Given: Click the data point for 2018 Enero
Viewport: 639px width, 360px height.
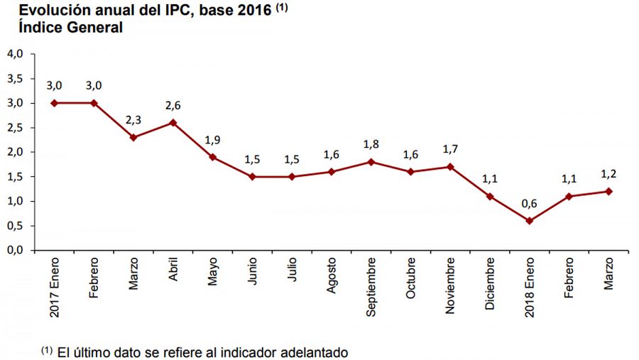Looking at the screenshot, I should coord(530,221).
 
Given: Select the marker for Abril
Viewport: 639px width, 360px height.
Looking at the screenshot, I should coord(173,122).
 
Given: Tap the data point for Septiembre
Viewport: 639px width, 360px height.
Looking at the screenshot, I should coord(371,162).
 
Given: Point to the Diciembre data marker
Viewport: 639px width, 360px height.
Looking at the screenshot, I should coord(490,196).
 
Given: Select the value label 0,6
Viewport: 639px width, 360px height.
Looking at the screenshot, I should coord(530,203).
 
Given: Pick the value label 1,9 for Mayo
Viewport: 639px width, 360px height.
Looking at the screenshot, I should coord(213,139).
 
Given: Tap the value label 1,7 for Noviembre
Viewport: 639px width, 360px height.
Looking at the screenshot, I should coord(450,149).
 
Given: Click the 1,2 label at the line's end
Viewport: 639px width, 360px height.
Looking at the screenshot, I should coord(608,174).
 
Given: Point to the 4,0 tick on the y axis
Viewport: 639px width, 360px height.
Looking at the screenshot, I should coord(16,54).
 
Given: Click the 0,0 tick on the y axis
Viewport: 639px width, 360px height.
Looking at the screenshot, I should coord(16,251).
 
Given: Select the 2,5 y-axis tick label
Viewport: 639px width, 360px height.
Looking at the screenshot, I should coord(16,128).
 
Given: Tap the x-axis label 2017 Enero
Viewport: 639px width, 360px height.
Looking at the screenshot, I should coord(55,288).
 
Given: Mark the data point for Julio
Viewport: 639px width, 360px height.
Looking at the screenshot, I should coord(292,176).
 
